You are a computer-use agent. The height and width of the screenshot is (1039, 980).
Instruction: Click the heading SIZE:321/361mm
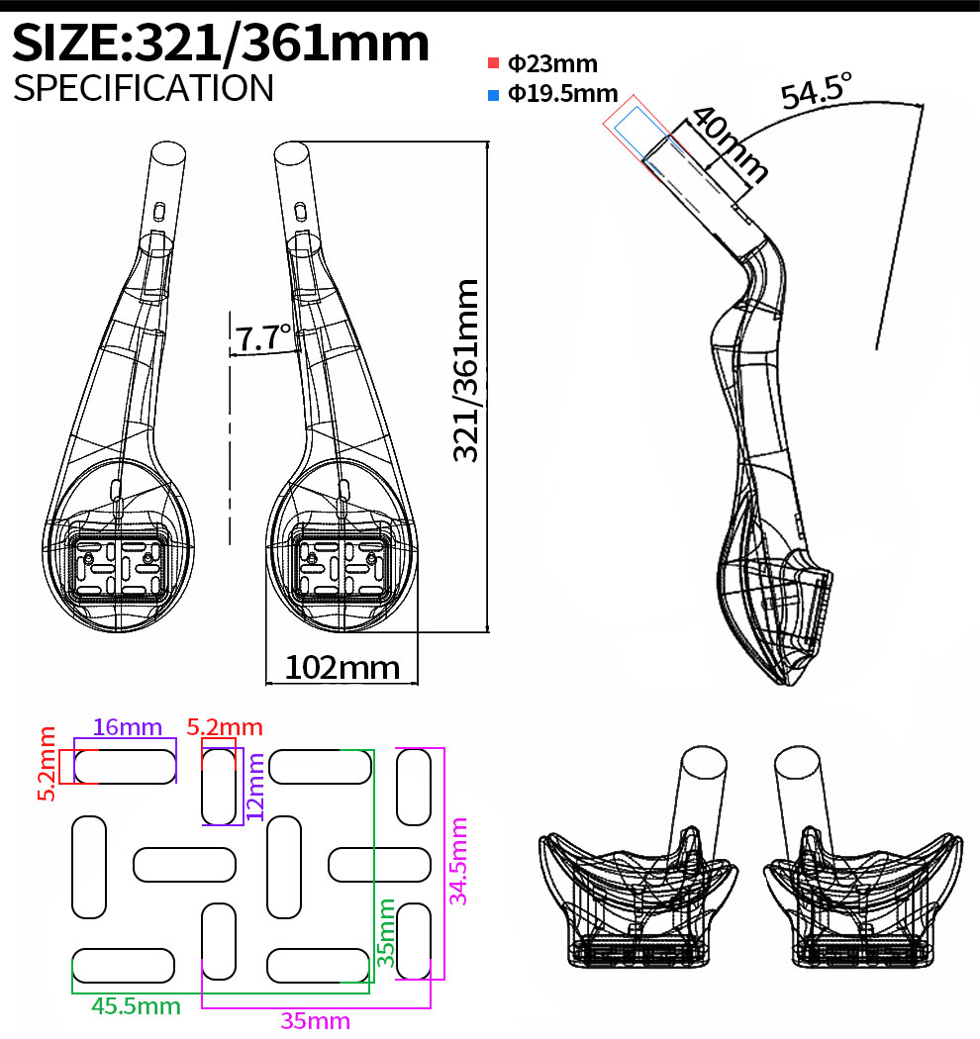click(223, 44)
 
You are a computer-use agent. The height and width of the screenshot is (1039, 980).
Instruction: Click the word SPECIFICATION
click(144, 88)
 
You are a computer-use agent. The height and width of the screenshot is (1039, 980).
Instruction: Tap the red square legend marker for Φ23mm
click(493, 64)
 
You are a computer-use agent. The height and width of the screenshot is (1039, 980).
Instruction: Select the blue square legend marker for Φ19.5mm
click(493, 95)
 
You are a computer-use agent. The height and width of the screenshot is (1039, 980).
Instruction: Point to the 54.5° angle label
click(816, 92)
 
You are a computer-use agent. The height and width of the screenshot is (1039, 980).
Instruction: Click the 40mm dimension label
click(729, 142)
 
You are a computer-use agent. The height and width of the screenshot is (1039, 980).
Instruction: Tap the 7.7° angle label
click(262, 338)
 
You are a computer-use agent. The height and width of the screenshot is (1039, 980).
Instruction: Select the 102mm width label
click(343, 668)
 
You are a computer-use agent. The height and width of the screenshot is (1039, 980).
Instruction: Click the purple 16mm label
click(127, 727)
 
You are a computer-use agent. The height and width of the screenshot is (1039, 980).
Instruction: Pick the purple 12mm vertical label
click(255, 786)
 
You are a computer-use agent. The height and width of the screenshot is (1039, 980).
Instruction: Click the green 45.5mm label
click(136, 1006)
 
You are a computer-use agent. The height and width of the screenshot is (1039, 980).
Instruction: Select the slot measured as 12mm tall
click(219, 787)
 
